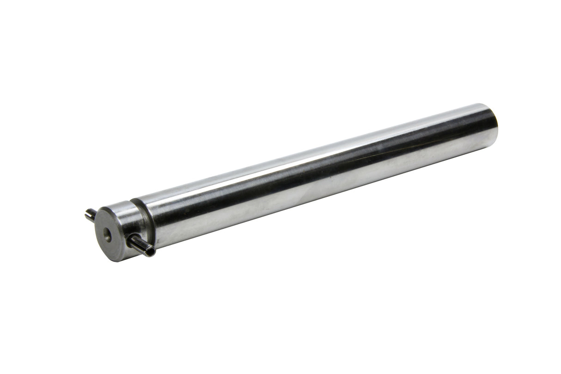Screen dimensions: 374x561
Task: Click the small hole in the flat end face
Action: tap(107, 233)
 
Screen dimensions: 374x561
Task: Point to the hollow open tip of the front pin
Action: tap(150, 252)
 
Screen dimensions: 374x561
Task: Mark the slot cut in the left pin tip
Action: tap(87, 214)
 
